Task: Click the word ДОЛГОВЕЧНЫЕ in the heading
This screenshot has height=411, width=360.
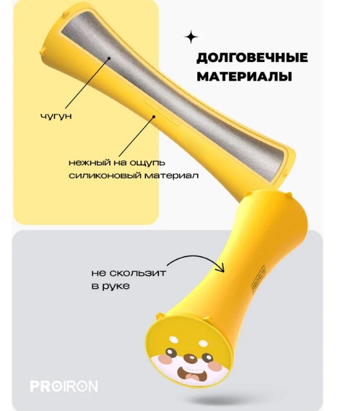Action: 252,58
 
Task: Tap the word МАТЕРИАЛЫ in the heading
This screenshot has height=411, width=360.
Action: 244,76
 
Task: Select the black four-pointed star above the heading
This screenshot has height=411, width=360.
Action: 191,37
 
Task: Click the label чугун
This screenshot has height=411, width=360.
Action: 56,116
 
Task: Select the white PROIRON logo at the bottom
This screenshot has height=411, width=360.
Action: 64,386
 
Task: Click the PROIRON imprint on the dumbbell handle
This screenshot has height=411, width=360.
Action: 259,279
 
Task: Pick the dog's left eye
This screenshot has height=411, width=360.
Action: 171,352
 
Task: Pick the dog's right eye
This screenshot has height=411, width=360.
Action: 208,357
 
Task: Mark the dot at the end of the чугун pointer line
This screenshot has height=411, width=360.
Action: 109,58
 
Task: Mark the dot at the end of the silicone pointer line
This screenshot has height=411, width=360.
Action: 154,117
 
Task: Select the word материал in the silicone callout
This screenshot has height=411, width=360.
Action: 171,175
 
